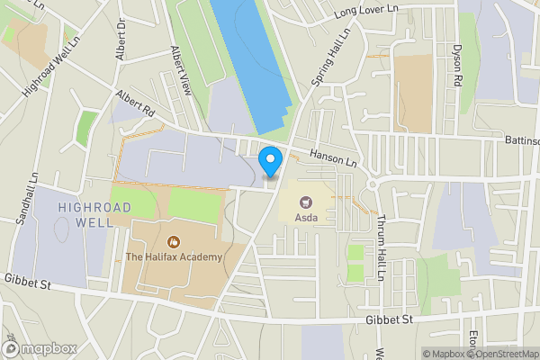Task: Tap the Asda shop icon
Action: click(x=304, y=202)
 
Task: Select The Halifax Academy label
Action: click(x=173, y=257)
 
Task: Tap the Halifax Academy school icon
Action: click(x=173, y=241)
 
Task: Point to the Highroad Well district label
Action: click(x=94, y=214)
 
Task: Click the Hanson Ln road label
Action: click(x=333, y=156)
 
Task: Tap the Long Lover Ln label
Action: click(x=364, y=10)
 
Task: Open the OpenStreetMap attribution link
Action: click(x=504, y=354)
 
